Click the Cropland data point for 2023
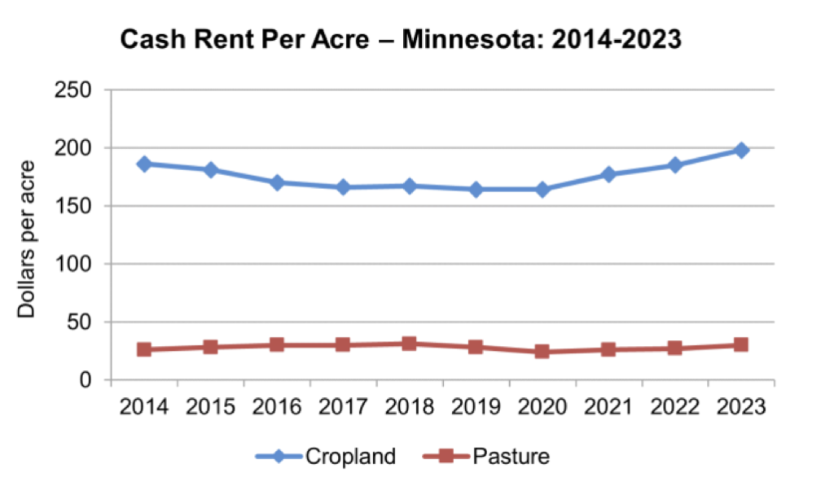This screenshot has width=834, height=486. (741, 150)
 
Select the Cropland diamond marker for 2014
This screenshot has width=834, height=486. (144, 164)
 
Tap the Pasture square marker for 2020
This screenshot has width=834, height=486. (542, 352)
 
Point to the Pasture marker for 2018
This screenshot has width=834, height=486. (410, 344)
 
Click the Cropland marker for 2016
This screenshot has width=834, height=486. (277, 182)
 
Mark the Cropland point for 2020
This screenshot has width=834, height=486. (542, 189)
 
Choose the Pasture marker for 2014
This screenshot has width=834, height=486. (144, 349)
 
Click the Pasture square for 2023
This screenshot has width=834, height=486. (741, 344)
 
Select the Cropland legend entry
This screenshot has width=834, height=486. (334, 456)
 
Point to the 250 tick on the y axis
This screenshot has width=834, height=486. (72, 90)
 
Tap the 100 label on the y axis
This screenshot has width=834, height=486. (72, 264)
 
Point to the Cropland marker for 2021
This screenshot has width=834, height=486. (608, 174)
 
